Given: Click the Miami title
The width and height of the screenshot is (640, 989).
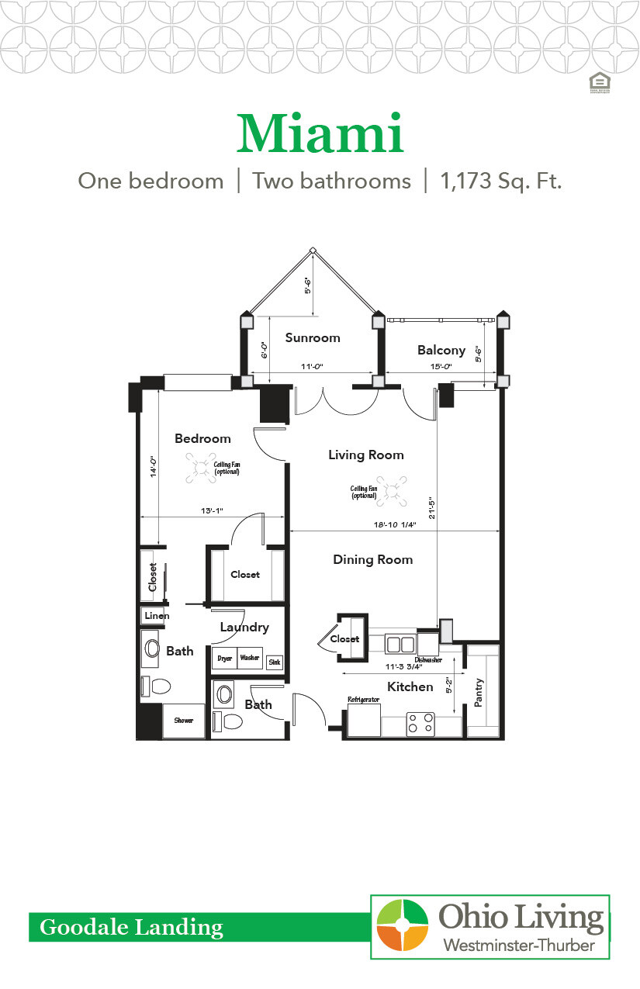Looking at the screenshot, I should pos(320,134).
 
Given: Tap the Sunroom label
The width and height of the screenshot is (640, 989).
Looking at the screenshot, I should pos(313,337).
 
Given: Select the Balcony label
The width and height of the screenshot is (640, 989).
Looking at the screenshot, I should pos(441,350).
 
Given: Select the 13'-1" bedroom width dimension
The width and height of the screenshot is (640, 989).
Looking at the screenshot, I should pos(211,511).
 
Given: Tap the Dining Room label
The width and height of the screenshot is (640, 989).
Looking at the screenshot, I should pos(372,559).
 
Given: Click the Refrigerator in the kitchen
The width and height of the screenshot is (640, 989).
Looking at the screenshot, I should pos(364,719).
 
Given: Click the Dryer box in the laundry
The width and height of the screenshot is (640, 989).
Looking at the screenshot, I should pos(225,659).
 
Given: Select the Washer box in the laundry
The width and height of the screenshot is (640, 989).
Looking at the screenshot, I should pos(250,659).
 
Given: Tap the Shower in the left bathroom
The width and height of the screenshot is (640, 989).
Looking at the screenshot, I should pos(184,721).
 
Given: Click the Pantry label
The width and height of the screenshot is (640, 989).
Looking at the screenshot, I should pos(479,693).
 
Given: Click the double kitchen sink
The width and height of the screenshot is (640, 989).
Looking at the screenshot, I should pos(400,644).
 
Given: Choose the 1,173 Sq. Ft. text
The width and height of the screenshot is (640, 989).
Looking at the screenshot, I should pos(500,182).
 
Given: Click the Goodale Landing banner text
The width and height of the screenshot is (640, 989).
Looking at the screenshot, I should pos(131,927).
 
